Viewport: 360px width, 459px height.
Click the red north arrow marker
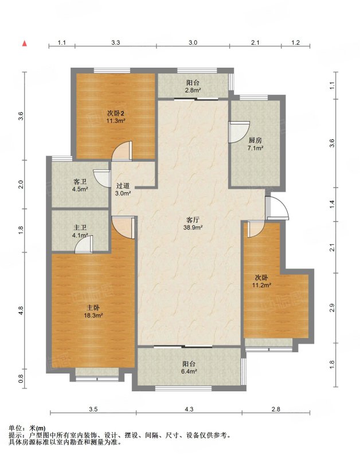25,44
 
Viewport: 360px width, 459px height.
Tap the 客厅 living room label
193,220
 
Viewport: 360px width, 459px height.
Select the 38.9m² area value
193,227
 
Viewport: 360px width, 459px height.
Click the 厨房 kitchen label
255,141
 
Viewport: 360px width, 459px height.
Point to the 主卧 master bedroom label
93,308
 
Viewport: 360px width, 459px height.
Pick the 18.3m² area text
93,315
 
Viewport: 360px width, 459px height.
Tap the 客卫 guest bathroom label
80,182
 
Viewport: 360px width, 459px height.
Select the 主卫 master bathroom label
80,227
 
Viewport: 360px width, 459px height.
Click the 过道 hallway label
123,186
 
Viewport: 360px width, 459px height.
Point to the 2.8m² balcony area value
193,90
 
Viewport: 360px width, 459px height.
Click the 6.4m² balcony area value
189,371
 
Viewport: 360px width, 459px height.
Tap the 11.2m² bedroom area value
261,285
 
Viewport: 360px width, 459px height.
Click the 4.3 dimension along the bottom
189,409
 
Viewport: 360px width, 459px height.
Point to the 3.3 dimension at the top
116,42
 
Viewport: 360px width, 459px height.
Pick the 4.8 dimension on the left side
21,310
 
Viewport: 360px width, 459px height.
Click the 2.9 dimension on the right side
332,308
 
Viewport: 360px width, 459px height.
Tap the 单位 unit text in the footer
15,428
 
